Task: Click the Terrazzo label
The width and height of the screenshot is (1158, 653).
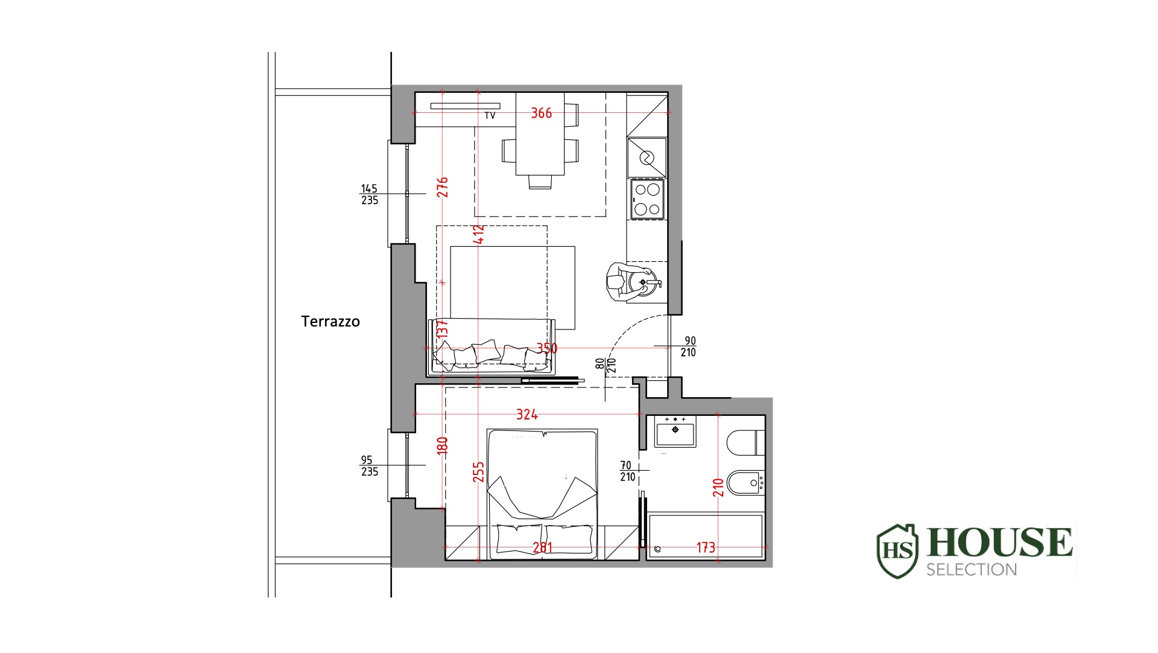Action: pos(331,321)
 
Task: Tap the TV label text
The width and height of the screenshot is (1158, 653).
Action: pos(490,115)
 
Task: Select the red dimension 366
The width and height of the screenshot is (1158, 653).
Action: pos(541,113)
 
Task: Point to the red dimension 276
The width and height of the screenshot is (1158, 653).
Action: pos(443,187)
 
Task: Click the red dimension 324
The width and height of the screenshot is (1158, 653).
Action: pos(527,415)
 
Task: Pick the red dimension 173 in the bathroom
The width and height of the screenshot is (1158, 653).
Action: pos(706,547)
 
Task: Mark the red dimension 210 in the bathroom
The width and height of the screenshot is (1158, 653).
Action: pos(718,488)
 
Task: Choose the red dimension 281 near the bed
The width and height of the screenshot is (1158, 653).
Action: pos(542,547)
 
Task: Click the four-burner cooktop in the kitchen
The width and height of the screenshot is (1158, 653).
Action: pos(647,199)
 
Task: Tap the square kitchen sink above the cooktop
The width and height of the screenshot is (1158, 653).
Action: pos(647,158)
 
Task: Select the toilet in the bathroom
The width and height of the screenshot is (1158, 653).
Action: pos(746,443)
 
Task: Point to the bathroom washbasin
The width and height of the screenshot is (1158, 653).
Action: pos(675,432)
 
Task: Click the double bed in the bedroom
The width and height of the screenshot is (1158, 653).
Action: pos(542,494)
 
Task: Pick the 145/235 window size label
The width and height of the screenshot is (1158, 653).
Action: pos(370,194)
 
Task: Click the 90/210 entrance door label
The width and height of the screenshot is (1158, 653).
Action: pos(689,346)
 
